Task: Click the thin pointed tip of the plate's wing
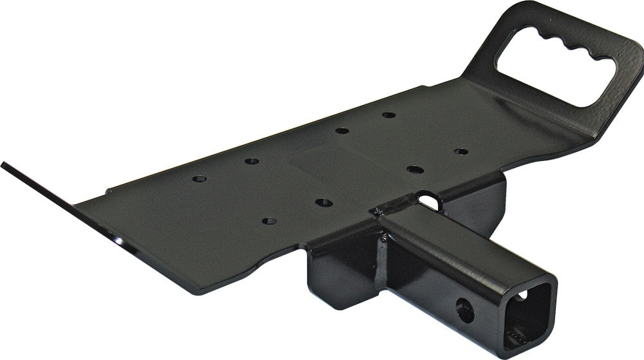5,165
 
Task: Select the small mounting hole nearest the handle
461,152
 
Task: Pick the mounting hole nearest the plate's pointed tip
199,178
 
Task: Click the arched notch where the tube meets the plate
428,201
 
